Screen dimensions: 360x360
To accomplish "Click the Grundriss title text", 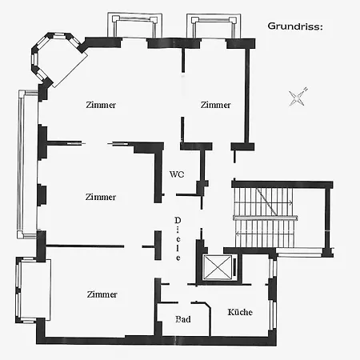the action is point(295,26).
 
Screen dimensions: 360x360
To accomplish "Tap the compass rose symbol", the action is point(298,97).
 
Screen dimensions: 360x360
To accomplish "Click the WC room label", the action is point(177,174).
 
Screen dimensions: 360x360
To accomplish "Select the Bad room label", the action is point(183,319).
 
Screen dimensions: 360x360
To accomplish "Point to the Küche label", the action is point(240,312).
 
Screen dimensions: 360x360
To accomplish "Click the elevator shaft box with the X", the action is point(218,268).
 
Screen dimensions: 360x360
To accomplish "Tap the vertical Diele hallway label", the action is point(178,238).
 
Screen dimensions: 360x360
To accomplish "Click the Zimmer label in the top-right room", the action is point(215,105).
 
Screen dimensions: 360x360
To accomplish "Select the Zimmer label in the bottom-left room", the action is point(102,294).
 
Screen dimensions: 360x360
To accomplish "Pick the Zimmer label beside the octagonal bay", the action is point(101,105).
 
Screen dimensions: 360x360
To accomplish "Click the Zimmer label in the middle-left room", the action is point(101,197).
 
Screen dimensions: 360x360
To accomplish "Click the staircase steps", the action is point(263,218).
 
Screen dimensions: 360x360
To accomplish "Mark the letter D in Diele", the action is point(178,220).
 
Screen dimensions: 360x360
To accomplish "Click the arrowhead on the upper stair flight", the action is point(291,203).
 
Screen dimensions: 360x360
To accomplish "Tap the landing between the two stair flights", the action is point(266,218).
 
